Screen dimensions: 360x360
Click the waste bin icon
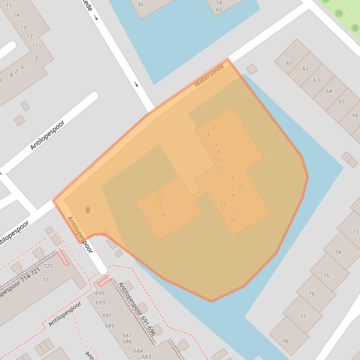[x=88, y=209]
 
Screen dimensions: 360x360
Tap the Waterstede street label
[x=209, y=76]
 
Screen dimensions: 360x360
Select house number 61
[x=289, y=63]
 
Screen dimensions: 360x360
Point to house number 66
[x=355, y=115]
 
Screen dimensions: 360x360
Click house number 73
[x=355, y=232]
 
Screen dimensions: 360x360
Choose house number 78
[x=285, y=341]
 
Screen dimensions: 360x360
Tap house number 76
[x=312, y=294]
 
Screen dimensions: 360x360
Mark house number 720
[x=48, y=266]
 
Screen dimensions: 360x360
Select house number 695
[x=100, y=294]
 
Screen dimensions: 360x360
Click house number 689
[x=109, y=326]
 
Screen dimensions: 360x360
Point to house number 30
[x=140, y=5]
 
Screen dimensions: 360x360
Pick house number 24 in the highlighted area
[x=162, y=215]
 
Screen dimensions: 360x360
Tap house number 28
[x=233, y=221]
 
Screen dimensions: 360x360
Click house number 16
[x=240, y=186]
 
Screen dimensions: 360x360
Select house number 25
[x=223, y=205]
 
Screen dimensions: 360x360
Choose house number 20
[x=158, y=195]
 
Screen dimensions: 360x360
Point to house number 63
[x=316, y=80]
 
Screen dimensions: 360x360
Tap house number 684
[x=138, y=351]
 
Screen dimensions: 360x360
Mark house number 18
[x=231, y=195]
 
